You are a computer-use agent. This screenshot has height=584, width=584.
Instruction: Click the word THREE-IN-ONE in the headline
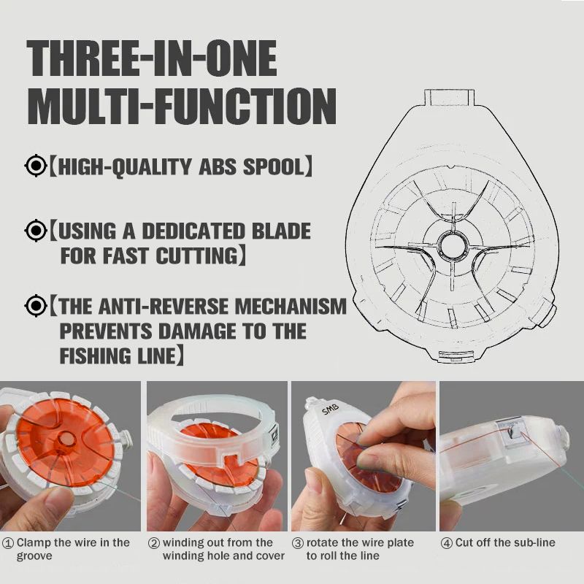pyautogui.click(x=152, y=58)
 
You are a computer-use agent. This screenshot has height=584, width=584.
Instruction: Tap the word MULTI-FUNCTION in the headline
pyautogui.click(x=182, y=107)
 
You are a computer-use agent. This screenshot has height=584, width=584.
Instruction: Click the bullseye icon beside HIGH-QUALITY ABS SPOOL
pyautogui.click(x=36, y=166)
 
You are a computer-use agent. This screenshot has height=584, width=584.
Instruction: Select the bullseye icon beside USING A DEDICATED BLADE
pyautogui.click(x=36, y=231)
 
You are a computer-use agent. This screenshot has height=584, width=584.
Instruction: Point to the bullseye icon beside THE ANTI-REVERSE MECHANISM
pyautogui.click(x=36, y=305)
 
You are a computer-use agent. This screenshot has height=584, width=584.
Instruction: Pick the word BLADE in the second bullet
pyautogui.click(x=281, y=231)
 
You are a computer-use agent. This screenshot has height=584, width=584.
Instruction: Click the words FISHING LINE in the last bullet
pyautogui.click(x=118, y=356)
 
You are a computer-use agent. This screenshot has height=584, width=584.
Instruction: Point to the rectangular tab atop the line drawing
pyautogui.click(x=450, y=98)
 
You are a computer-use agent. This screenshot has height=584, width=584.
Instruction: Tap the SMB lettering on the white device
pyautogui.click(x=331, y=409)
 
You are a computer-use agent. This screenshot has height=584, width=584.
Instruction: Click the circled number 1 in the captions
pyautogui.click(x=8, y=543)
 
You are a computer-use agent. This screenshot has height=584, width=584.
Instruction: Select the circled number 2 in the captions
pyautogui.click(x=154, y=543)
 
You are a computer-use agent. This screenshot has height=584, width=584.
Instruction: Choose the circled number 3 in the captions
pyautogui.click(x=298, y=543)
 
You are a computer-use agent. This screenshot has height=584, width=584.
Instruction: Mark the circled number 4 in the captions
pyautogui.click(x=447, y=543)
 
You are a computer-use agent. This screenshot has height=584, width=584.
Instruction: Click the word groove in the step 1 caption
pyautogui.click(x=34, y=556)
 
